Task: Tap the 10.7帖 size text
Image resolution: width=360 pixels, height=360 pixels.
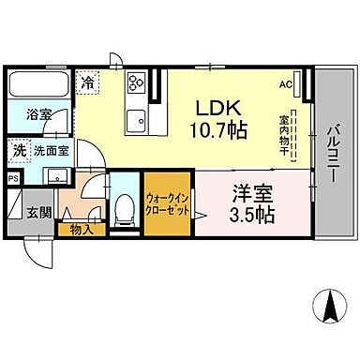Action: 221,130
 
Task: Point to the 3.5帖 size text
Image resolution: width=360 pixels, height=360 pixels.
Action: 249,216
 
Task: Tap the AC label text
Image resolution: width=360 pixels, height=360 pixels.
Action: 285,84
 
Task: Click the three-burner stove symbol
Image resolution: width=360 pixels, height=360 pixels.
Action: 135,86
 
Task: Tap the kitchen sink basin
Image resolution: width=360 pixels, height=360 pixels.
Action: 137,119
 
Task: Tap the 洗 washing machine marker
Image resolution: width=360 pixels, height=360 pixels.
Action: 19,149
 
